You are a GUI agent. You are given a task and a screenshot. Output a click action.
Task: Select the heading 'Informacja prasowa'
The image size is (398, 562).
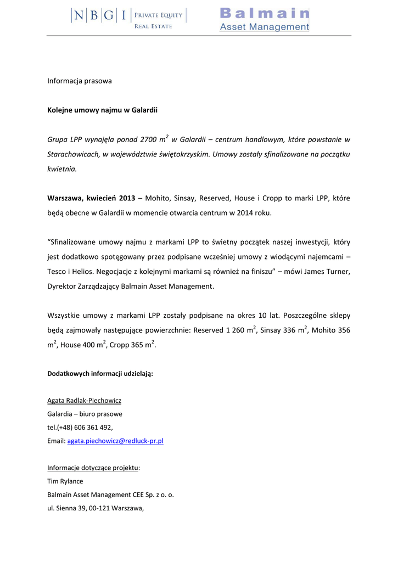click(80, 81)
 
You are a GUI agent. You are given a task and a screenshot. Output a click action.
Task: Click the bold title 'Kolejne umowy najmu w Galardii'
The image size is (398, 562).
click(103, 110)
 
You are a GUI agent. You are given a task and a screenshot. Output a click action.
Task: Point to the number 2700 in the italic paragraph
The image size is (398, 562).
click(149, 140)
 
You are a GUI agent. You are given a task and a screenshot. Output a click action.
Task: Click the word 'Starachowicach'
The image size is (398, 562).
click(73, 155)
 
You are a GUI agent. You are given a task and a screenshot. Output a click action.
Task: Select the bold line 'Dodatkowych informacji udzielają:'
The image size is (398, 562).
click(100, 374)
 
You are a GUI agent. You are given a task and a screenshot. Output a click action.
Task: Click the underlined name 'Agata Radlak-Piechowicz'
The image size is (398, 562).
click(85, 401)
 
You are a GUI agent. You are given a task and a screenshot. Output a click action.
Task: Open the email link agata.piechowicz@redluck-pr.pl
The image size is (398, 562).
click(115, 441)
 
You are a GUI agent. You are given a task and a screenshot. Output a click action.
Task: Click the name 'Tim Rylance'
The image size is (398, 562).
click(65, 481)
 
